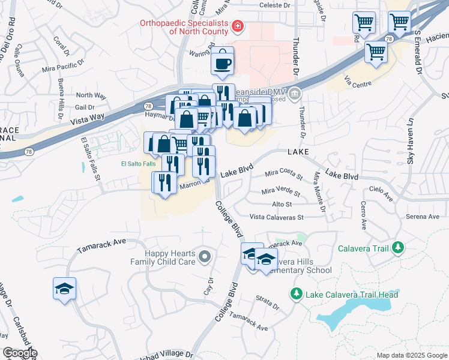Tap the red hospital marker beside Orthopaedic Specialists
[238, 26]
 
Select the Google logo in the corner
[20, 353]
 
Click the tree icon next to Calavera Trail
[396, 247]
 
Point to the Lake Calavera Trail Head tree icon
[296, 294]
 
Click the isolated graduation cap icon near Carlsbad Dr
[64, 289]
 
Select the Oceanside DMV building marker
[295, 94]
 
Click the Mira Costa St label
[283, 174]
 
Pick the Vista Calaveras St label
[277, 217]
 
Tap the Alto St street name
[282, 205]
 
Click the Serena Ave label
[423, 217]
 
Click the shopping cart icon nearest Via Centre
[376, 52]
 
